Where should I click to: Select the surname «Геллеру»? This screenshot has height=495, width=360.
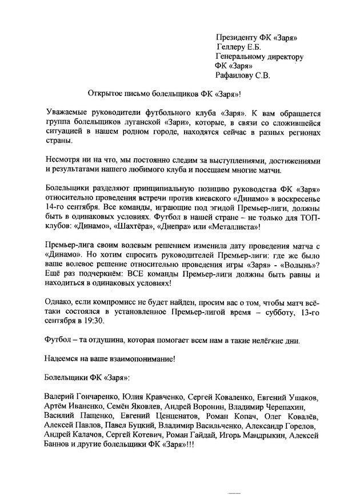(x=234, y=47)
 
